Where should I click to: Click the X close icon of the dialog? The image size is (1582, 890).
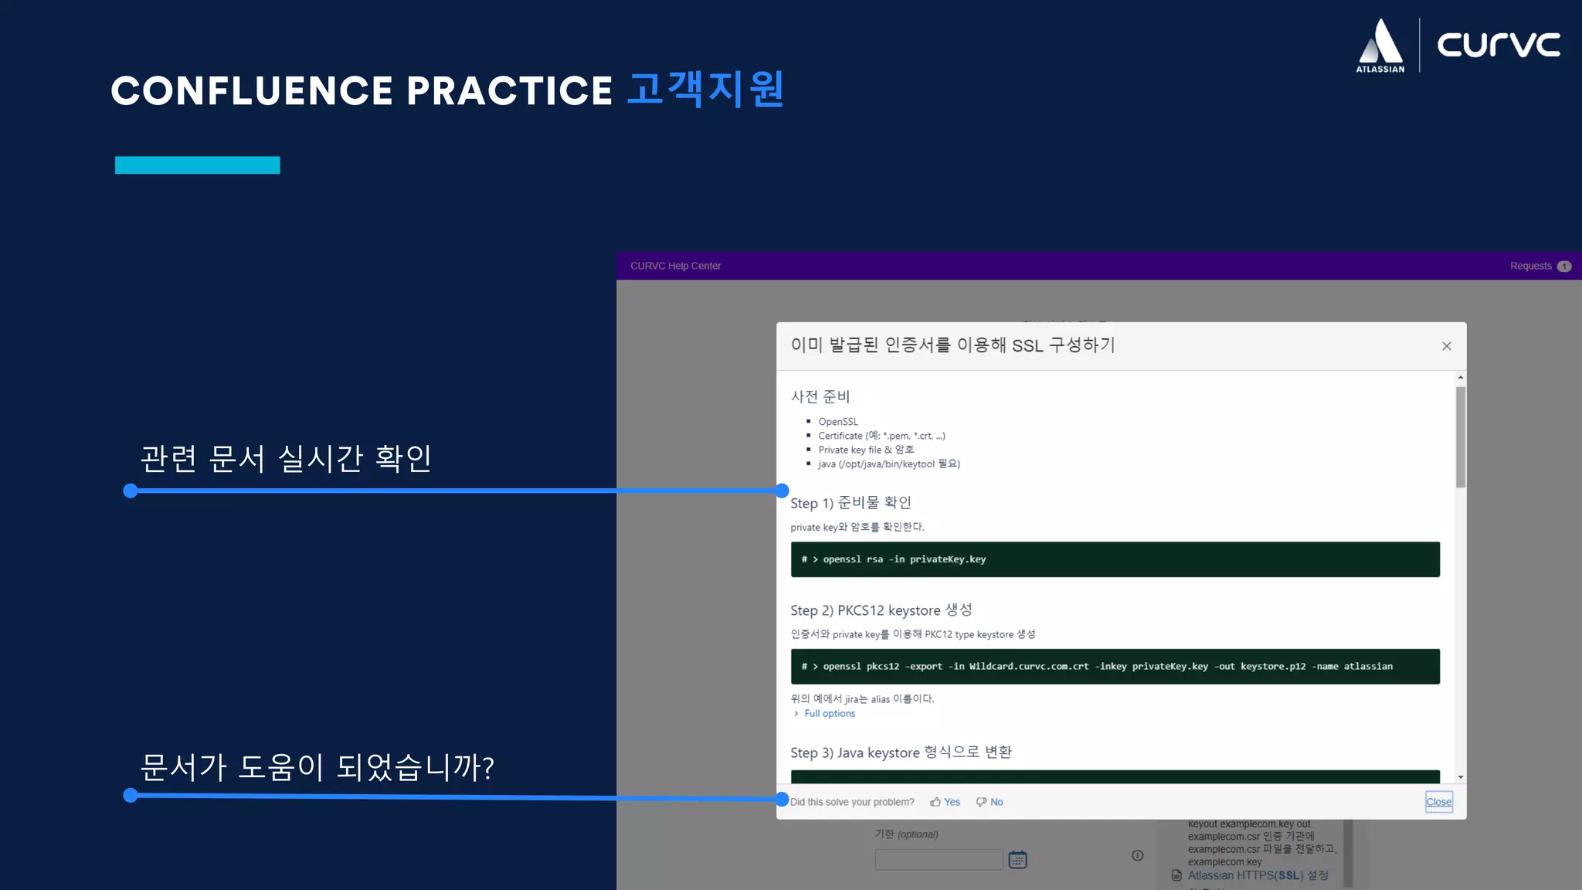tap(1446, 346)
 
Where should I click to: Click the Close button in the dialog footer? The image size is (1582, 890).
tap(1438, 802)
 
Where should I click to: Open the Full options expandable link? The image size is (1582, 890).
tap(829, 713)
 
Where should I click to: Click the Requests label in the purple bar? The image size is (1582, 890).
tap(1530, 266)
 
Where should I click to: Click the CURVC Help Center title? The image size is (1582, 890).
tap(675, 266)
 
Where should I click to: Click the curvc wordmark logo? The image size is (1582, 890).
tap(1498, 44)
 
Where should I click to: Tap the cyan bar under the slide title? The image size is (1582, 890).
tap(197, 165)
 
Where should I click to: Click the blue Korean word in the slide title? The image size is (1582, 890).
tap(705, 90)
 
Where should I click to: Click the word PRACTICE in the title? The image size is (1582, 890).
tap(509, 90)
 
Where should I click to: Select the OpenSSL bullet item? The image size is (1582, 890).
tap(837, 422)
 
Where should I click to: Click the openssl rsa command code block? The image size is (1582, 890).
tap(1114, 559)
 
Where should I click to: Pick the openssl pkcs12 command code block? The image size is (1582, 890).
tap(1114, 666)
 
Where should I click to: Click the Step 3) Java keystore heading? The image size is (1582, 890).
tap(901, 752)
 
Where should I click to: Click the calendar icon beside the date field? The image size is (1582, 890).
tap(1017, 859)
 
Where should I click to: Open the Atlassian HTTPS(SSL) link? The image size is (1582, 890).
tap(1258, 875)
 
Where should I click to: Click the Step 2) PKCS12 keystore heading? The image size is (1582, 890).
tap(881, 610)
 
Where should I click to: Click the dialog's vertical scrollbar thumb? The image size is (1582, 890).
tap(1460, 437)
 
